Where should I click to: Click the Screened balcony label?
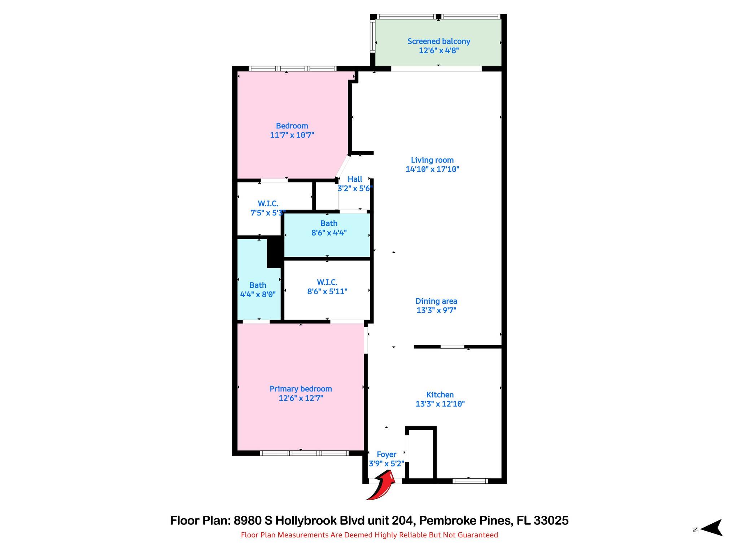(439, 41)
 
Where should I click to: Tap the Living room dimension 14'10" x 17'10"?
(432, 169)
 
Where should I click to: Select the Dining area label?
(436, 301)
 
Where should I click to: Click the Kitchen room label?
(440, 395)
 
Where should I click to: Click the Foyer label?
(386, 454)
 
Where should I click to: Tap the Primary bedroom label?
(301, 389)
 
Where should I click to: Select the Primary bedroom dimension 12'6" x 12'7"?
(301, 398)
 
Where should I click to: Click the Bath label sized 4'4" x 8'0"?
(258, 285)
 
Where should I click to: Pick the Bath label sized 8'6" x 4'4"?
(329, 223)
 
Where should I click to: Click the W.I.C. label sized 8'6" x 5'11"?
(327, 282)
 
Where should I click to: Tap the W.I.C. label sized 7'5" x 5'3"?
(268, 204)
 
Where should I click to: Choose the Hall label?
(355, 179)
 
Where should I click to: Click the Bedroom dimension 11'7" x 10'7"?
(292, 135)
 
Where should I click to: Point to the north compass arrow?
(711, 528)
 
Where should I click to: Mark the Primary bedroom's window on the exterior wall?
(304, 453)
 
